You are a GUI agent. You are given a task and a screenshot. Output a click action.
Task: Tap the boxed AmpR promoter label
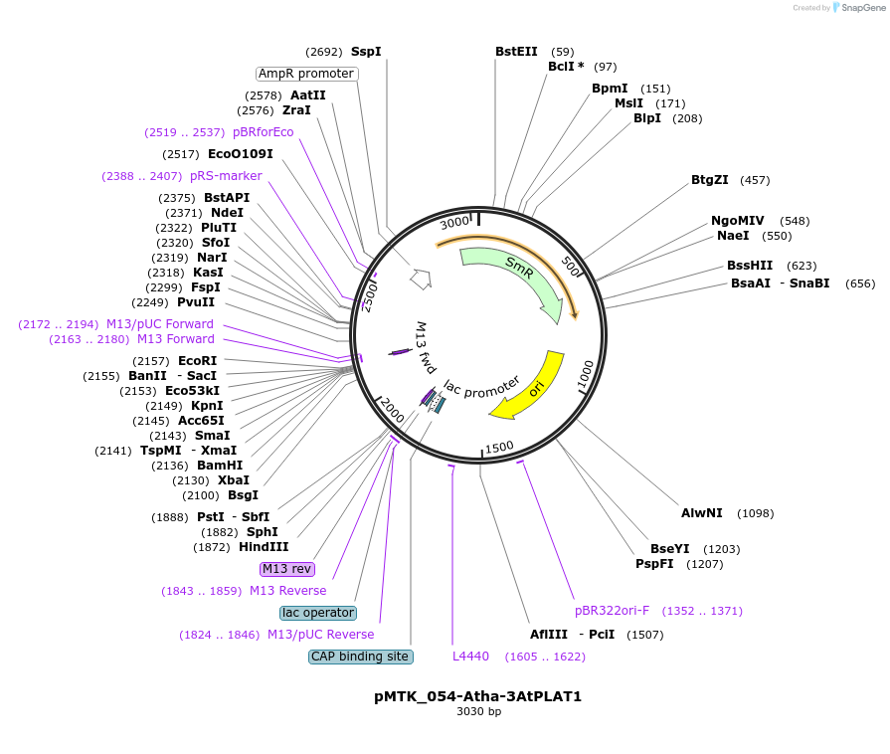tap(306, 74)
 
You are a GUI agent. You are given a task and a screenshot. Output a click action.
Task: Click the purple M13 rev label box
tap(286, 569)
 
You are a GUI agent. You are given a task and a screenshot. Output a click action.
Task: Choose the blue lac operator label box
tap(318, 613)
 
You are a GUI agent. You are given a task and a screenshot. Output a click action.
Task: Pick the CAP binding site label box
tap(360, 657)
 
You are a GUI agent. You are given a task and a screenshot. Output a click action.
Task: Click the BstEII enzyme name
tap(516, 52)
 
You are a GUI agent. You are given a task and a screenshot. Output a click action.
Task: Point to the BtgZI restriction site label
tap(709, 180)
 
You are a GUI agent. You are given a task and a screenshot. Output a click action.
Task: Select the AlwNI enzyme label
tap(701, 513)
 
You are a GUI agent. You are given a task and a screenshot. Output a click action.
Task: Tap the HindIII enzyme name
tap(264, 547)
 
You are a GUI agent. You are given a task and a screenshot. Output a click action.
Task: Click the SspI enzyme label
tap(366, 52)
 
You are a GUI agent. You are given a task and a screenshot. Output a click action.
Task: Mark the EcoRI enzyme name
tap(198, 361)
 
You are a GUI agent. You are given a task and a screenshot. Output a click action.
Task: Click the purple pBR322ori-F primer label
tap(612, 611)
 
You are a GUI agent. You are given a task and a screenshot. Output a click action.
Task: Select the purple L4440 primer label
tap(470, 657)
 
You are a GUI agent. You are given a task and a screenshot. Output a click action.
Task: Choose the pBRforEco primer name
tap(264, 132)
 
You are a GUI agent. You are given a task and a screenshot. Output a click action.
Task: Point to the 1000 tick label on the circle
tap(585, 375)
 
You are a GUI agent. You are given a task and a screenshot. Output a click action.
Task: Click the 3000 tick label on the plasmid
tap(455, 222)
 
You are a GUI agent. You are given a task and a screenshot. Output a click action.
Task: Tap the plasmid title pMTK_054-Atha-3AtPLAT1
tap(478, 696)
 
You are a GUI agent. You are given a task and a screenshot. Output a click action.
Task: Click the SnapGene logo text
tap(863, 7)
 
